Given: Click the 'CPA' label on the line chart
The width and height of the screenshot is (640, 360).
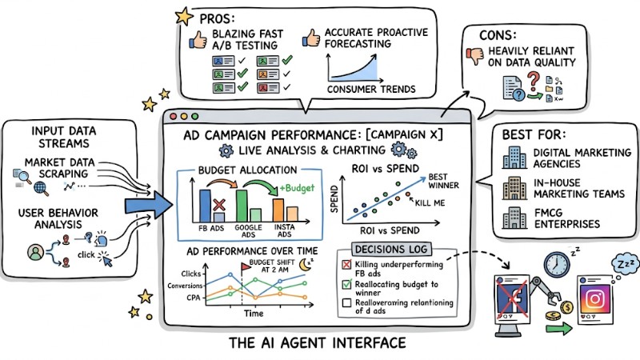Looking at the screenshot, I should [x=192, y=296].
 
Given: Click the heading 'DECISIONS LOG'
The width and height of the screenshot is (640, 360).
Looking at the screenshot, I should [x=397, y=249].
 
